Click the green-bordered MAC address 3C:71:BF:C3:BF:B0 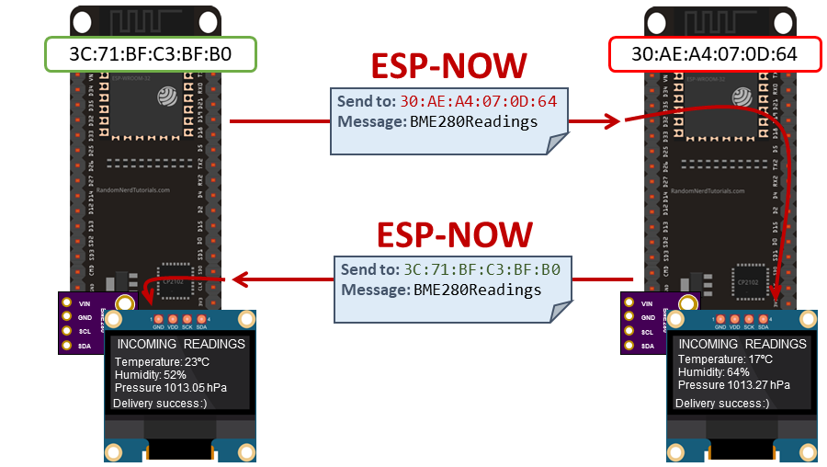(150, 54)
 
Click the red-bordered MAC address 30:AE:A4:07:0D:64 (714, 54)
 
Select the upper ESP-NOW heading (448, 66)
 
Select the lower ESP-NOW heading (455, 234)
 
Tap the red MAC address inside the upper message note (478, 101)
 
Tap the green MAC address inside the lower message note (481, 270)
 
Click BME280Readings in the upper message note (474, 121)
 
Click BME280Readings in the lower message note (478, 290)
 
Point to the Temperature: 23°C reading (162, 361)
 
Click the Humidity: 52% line (151, 374)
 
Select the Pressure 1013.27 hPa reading (732, 387)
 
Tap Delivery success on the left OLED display (158, 404)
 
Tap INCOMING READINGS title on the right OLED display (742, 344)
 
